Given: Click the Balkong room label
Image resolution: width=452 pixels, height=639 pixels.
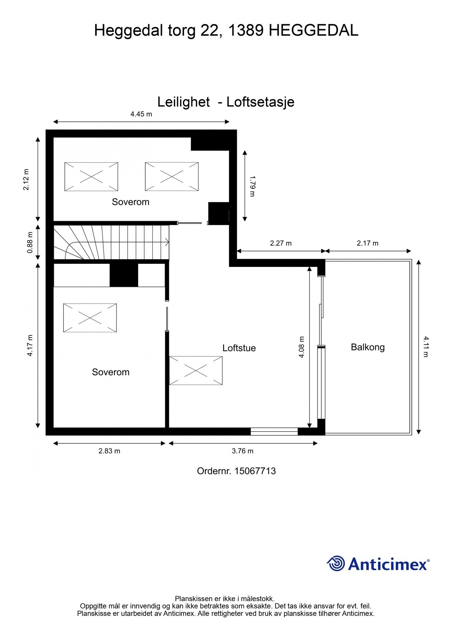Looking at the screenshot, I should pos(367,347).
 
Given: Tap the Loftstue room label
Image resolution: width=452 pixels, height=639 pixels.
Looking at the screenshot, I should pos(239,348).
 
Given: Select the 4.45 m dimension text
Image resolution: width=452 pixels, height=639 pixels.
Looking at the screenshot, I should pos(141,114).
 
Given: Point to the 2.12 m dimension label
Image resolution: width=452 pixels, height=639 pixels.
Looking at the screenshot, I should pos(26,179).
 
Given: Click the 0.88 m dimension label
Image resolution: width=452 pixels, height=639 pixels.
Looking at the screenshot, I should pos(30,242).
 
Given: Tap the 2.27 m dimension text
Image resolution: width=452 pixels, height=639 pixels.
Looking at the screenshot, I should pos(281,243).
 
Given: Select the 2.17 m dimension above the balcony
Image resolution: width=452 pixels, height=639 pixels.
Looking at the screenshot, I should pos(367,243).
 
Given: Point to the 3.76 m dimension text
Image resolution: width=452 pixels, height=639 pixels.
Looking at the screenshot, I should pos(243,451).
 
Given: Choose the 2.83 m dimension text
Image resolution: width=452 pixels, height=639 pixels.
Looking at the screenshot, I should pos(109,451).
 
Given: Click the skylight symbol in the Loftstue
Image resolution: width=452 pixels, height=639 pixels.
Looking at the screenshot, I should pos(196,371).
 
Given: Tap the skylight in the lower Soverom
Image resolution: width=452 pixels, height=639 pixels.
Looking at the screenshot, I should pos(90,318).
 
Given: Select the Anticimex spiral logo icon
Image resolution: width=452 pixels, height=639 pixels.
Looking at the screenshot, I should pos(336,563).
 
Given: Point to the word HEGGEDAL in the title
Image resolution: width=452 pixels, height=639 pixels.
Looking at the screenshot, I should pos(313,31).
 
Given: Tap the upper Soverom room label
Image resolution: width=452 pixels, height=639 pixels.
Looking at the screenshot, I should pos(130,202).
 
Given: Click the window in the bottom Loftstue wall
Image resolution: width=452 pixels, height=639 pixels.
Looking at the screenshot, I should pos(274,431).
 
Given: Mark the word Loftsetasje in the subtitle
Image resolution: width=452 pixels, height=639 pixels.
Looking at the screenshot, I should pos(260,102).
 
